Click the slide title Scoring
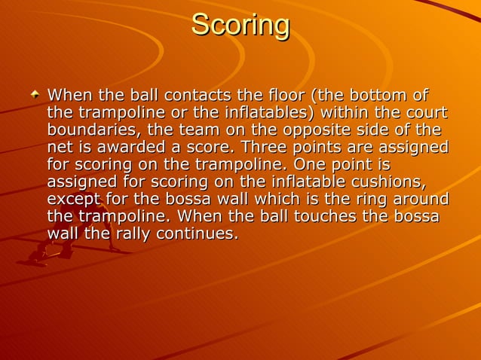[x=240, y=26]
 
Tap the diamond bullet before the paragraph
[x=35, y=96]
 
